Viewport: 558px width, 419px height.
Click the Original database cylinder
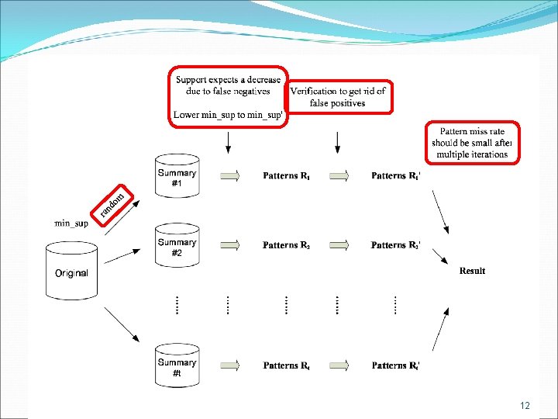[x=71, y=272]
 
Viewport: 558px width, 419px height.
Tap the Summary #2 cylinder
[x=177, y=247]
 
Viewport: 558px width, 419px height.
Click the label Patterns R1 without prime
[x=286, y=176]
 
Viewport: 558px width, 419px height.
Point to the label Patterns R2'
[x=396, y=245]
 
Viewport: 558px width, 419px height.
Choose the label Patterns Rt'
[x=396, y=365]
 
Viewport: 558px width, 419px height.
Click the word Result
[x=472, y=271]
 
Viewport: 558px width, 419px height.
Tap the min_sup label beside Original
[x=71, y=223]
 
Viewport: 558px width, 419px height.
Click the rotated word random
[x=112, y=202]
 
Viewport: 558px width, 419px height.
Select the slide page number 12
[x=525, y=406]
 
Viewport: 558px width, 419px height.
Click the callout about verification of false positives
[x=337, y=97]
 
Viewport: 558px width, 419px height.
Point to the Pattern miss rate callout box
[x=471, y=143]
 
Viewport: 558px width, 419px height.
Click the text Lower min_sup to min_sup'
[x=229, y=115]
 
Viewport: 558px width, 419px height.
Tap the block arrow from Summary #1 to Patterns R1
[x=230, y=176]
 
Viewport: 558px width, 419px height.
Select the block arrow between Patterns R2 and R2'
[x=339, y=245]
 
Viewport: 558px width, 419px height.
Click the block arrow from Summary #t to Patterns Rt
[x=230, y=365]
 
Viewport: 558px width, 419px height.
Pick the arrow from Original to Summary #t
[x=121, y=324]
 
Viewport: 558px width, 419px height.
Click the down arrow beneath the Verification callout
[x=337, y=142]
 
